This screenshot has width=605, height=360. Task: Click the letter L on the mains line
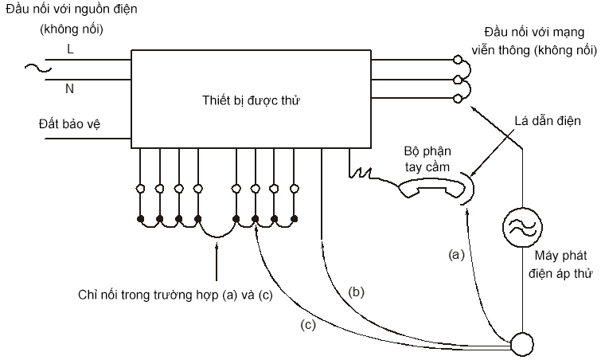pos(70,49)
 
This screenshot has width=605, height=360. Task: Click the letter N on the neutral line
pos(69,88)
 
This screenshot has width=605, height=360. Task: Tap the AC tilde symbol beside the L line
pos(36,69)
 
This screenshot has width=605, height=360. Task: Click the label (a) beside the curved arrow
pos(455,255)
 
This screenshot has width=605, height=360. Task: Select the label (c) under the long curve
pos(306,325)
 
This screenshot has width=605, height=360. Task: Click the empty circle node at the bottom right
pos(523,344)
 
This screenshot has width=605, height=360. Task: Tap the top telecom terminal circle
pos(458,59)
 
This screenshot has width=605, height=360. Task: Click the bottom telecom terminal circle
pos(458,98)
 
